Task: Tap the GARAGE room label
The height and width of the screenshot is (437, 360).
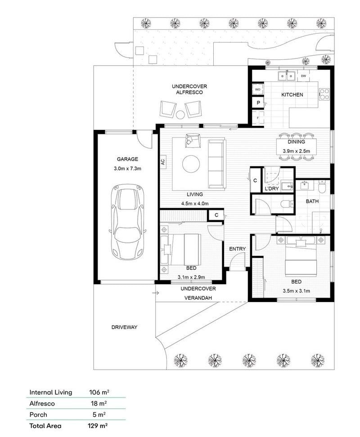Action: point(127,159)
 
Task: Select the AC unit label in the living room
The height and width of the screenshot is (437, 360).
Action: point(163,162)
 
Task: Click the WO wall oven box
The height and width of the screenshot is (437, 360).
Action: point(258,89)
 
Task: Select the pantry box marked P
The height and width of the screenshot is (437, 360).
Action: point(258,103)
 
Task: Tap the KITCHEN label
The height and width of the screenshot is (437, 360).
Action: point(292,95)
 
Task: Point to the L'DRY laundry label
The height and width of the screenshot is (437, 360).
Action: point(272,189)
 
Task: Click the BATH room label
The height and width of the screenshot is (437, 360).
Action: point(312,201)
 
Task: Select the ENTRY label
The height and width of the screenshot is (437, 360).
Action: point(237,249)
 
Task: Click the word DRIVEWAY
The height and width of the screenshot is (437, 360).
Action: point(124,327)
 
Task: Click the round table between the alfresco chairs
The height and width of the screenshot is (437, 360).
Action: point(180,115)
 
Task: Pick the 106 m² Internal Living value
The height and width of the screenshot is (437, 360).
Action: point(99,392)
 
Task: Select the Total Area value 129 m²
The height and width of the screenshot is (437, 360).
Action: point(99,425)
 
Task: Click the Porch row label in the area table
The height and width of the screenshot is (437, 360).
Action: point(38,415)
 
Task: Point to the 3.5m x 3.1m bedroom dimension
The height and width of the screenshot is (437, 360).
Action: point(296,290)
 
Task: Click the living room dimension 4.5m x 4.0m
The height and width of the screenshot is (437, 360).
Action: point(195,203)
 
